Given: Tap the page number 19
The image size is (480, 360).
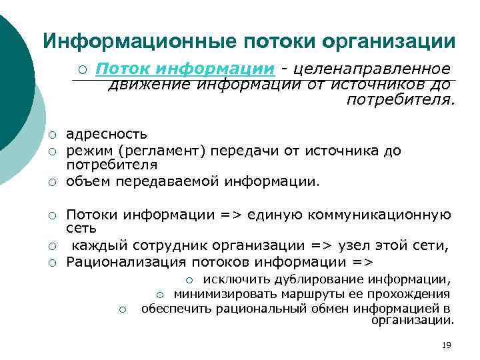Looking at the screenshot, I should (447, 345).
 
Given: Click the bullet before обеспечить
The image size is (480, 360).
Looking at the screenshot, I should (122, 309).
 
